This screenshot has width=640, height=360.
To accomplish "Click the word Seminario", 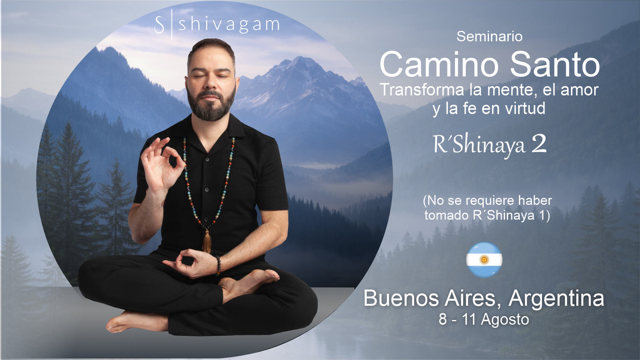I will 489,36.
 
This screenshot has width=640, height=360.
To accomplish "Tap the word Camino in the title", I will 439,64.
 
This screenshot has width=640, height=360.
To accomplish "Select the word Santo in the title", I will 555,64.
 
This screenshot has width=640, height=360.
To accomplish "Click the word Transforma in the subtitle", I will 422,90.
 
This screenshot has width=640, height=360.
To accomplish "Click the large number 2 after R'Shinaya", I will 539,144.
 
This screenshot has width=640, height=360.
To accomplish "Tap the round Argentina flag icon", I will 484,260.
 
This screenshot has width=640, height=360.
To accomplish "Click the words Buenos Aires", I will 429,299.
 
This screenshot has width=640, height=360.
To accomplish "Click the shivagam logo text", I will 229,24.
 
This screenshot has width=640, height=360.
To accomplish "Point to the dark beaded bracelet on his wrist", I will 218,265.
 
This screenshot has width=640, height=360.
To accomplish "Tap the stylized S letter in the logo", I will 159,25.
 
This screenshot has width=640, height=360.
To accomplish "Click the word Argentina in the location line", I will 556,299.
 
